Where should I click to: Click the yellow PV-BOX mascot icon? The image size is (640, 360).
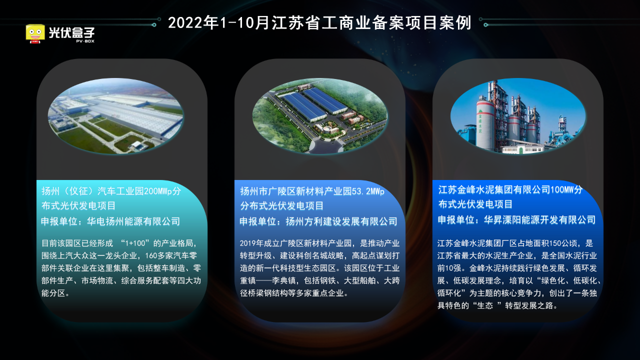pos(35,33)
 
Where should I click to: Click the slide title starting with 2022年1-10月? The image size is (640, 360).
pos(319,22)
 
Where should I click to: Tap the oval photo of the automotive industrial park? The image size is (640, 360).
pos(115,116)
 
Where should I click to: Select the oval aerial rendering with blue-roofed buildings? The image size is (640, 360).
pos(320,116)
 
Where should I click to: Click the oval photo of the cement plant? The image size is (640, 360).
pos(518,116)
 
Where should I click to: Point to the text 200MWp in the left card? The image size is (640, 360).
pos(158,191)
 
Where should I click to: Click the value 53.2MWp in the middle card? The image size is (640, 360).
pos(368,191)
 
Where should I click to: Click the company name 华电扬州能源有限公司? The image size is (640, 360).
pos(133,221)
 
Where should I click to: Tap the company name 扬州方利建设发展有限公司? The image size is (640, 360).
pos(341,221)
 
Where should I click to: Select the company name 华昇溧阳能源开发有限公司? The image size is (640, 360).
pos(539,219)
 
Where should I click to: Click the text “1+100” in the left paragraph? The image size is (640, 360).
pos(135,243)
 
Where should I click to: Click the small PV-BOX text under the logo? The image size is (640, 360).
pos(85,41)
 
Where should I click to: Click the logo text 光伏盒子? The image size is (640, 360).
pos(71,32)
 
